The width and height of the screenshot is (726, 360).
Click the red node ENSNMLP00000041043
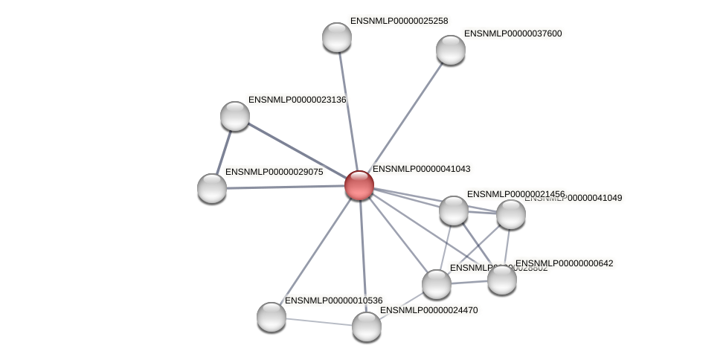click(359, 185)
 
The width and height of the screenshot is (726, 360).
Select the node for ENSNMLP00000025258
click(336, 37)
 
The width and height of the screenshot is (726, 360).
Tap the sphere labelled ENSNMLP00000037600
click(450, 50)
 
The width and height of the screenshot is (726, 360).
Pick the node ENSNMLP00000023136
click(235, 116)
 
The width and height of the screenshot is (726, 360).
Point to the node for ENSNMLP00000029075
click(212, 188)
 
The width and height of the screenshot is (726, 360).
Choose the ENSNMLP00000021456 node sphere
click(453, 210)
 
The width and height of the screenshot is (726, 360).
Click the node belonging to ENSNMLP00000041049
click(510, 214)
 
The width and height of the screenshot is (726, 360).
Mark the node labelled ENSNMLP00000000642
click(501, 279)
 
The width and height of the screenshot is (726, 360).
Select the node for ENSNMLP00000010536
click(272, 317)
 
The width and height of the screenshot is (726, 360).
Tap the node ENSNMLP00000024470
click(366, 326)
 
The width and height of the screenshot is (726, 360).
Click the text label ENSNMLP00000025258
click(399, 21)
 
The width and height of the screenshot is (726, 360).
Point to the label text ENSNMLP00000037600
click(513, 33)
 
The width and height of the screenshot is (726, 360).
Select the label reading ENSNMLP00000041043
click(421, 169)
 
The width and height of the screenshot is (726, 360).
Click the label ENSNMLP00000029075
click(274, 172)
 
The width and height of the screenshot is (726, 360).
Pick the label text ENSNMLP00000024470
click(429, 309)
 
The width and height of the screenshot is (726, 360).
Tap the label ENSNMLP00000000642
click(564, 263)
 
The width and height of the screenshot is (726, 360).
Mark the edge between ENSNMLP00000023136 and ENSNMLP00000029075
click(224, 151)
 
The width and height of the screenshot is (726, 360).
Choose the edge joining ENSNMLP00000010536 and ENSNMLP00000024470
click(318, 321)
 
